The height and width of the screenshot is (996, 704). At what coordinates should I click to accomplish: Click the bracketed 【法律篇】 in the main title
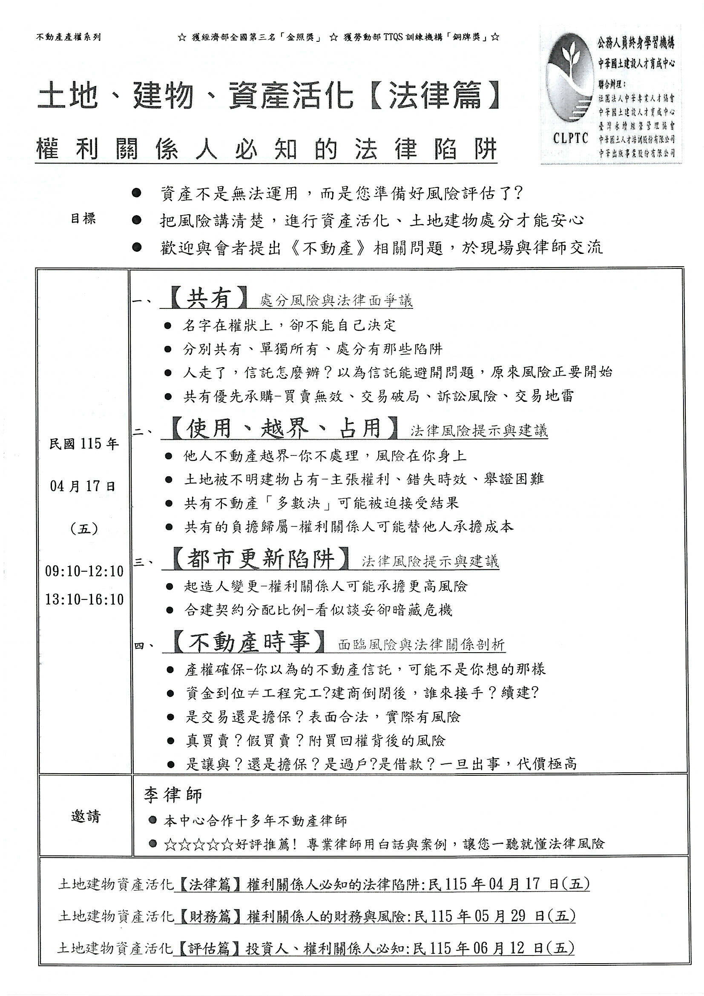[434, 95]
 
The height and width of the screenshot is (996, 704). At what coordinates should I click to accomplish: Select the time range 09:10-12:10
[85, 571]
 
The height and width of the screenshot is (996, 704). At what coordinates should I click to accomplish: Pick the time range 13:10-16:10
[85, 599]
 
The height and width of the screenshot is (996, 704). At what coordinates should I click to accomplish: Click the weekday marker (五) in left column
[84, 529]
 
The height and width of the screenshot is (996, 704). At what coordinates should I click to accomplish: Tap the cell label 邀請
[86, 817]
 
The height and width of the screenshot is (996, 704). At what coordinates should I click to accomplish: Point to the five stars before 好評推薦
[199, 844]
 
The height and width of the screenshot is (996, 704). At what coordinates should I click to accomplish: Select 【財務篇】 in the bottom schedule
[210, 916]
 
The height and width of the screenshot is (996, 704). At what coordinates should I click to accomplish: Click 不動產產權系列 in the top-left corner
[69, 37]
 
